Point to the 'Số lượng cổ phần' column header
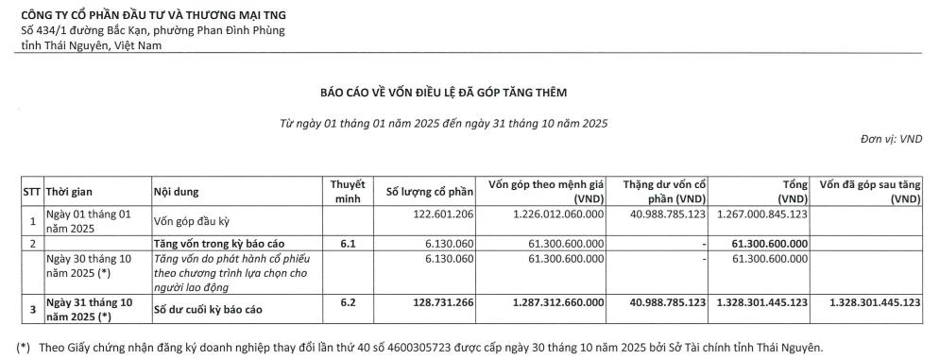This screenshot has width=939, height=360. [426, 192]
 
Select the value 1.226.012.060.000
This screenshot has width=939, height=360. [551, 215]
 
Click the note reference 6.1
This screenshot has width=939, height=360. [348, 243]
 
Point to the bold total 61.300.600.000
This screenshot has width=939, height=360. [770, 243]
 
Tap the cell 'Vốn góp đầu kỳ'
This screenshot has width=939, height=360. [193, 222]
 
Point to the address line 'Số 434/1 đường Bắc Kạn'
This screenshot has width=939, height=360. [152, 30]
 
